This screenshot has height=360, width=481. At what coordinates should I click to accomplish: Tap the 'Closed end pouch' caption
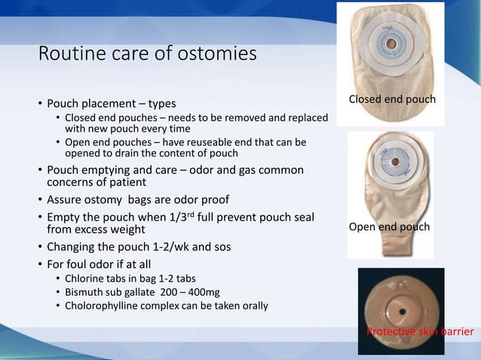pyautogui.click(x=391, y=99)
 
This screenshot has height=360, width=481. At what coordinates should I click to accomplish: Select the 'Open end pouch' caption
pyautogui.click(x=389, y=227)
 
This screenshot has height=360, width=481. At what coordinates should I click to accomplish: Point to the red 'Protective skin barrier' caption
pyautogui.click(x=420, y=331)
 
